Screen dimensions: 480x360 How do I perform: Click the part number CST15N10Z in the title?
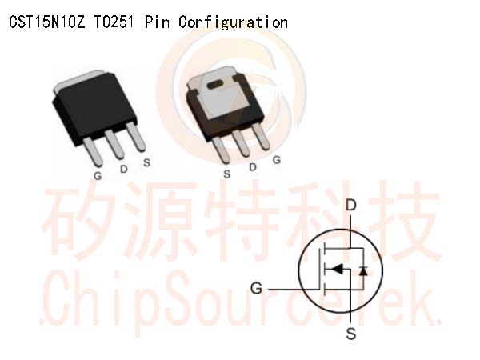pos(47,22)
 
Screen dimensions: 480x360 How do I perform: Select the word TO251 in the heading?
pos(114,22)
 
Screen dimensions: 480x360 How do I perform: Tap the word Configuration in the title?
pos(233,22)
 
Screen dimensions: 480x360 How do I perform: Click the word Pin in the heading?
pos(157,22)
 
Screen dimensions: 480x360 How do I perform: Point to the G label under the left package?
pos(98,176)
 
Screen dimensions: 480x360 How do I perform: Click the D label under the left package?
pos(124,169)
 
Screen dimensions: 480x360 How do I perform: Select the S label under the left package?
pos(147,162)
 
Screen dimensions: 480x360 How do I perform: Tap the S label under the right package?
pos(227,174)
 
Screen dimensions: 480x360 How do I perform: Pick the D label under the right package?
pos(253,167)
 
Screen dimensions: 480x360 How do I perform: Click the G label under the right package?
pos(277,160)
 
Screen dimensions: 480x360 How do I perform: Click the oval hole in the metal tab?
pos(217,85)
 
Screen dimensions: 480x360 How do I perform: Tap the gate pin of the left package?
pos(93,151)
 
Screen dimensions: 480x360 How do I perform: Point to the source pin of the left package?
pos(136,137)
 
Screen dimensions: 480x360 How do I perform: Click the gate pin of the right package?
pos(260,136)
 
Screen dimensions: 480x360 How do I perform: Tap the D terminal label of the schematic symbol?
pos(351,206)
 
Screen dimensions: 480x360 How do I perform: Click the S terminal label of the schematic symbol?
pos(351,334)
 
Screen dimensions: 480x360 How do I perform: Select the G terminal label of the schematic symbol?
pos(256,288)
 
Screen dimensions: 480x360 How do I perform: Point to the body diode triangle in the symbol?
pos(363,270)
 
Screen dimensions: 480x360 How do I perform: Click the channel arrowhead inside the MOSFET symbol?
pos(337,269)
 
